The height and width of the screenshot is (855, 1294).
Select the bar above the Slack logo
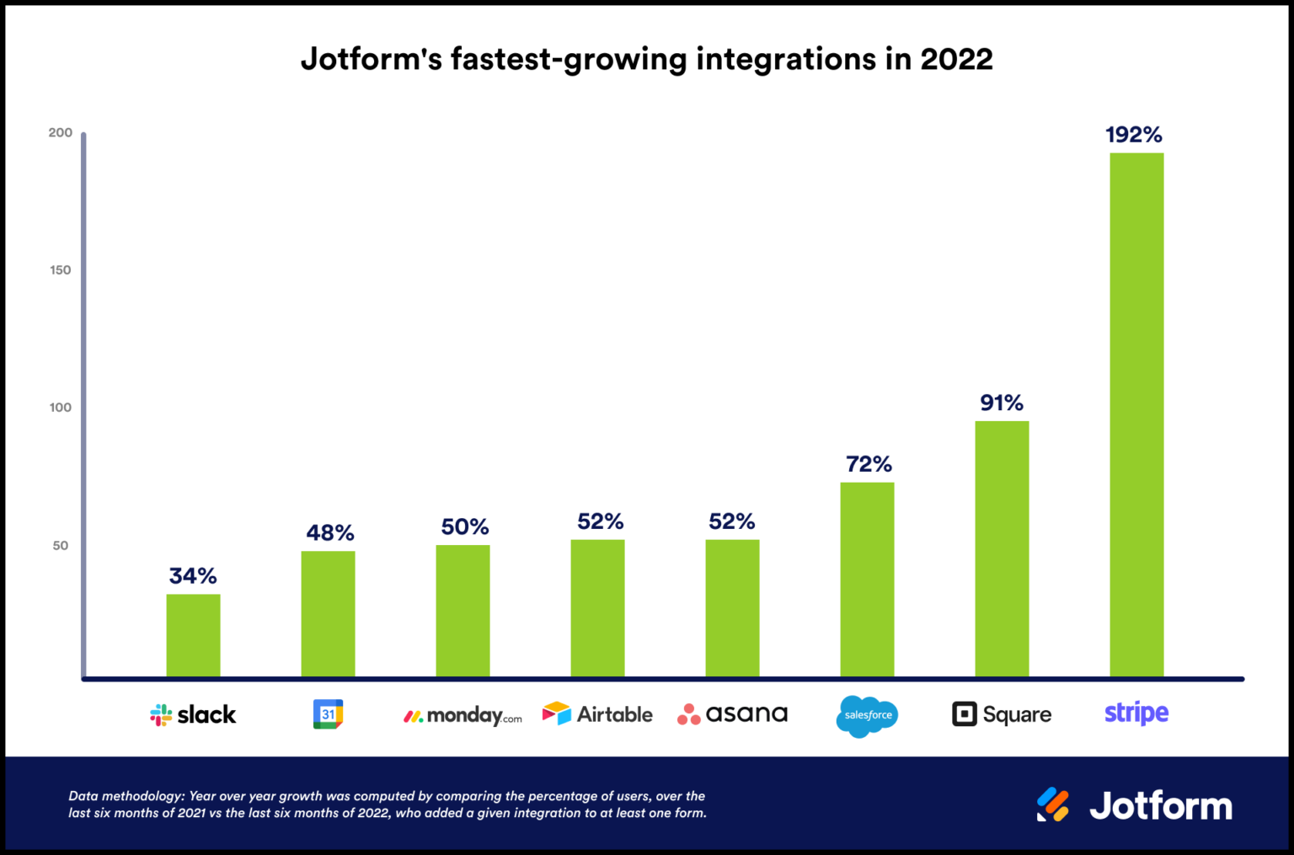click(x=193, y=635)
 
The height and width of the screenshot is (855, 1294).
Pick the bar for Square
click(x=1002, y=548)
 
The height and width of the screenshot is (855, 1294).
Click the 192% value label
click(x=1134, y=135)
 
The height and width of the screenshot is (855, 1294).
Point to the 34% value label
click(x=193, y=576)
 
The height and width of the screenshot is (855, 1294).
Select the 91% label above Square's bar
click(x=1002, y=403)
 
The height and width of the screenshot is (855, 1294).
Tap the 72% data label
click(x=869, y=464)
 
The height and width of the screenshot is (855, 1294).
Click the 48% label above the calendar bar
click(x=329, y=533)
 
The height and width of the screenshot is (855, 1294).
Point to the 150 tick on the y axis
click(x=61, y=270)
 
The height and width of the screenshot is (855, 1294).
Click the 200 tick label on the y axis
click(x=61, y=133)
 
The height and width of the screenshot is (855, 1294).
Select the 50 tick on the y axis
click(x=61, y=546)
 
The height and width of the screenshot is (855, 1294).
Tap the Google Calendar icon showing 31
click(x=328, y=714)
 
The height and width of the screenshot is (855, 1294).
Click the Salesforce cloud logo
click(x=868, y=716)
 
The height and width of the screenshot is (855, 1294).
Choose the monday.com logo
click(x=463, y=716)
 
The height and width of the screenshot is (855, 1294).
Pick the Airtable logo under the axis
click(x=597, y=714)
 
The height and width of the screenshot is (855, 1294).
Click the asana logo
click(x=732, y=714)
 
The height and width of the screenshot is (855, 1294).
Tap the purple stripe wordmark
click(x=1136, y=713)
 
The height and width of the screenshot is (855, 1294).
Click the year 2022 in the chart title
click(x=956, y=59)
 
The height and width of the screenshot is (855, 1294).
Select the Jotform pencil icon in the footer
click(x=1053, y=805)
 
